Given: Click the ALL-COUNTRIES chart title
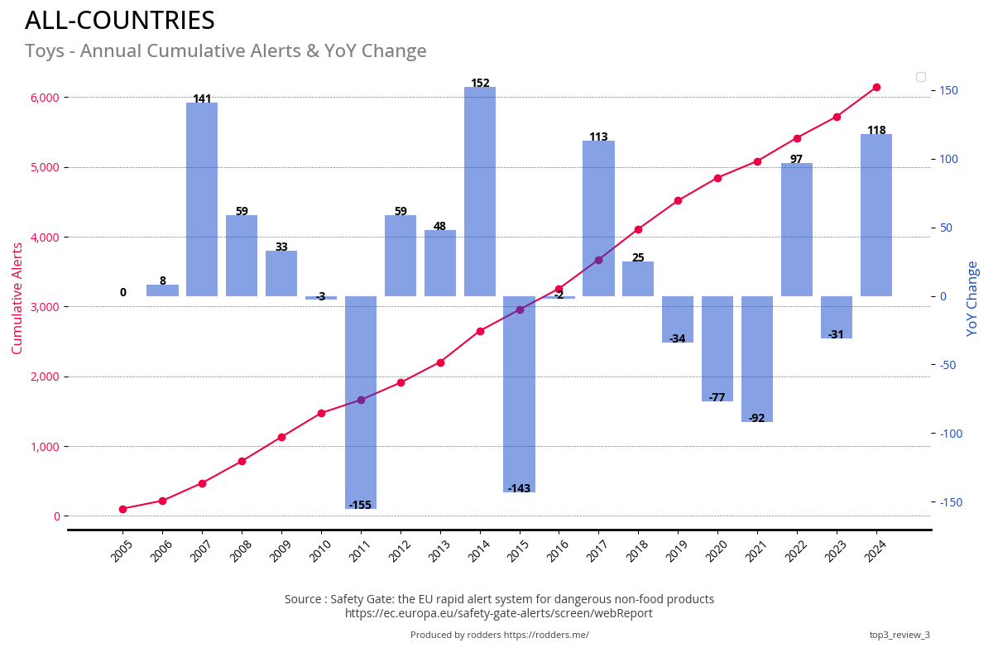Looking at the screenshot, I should tap(120, 21).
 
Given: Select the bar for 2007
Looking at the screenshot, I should tap(202, 199).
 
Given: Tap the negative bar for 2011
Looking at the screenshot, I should tap(361, 401).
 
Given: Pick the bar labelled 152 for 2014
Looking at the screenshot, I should tap(480, 190).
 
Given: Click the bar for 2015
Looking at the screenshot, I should tap(520, 393).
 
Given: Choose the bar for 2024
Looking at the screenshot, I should tap(876, 215).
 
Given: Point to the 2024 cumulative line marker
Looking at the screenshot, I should tap(876, 87).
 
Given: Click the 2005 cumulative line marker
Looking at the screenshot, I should tap(122, 509).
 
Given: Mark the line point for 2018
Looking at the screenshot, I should tap(638, 229).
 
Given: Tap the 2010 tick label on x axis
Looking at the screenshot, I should tap(320, 551).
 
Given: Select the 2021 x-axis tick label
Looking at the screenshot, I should tap(756, 551).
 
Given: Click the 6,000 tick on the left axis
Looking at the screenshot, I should tap(45, 98).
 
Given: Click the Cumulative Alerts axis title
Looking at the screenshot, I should tap(17, 298).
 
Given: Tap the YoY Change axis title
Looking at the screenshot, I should tap(972, 298).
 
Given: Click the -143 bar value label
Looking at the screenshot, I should tap(519, 489).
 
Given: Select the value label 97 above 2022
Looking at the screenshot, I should tap(796, 160).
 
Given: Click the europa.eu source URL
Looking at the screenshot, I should tap(499, 613).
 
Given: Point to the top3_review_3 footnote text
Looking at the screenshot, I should tap(899, 635).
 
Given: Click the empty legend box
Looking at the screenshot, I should tap(921, 77).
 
